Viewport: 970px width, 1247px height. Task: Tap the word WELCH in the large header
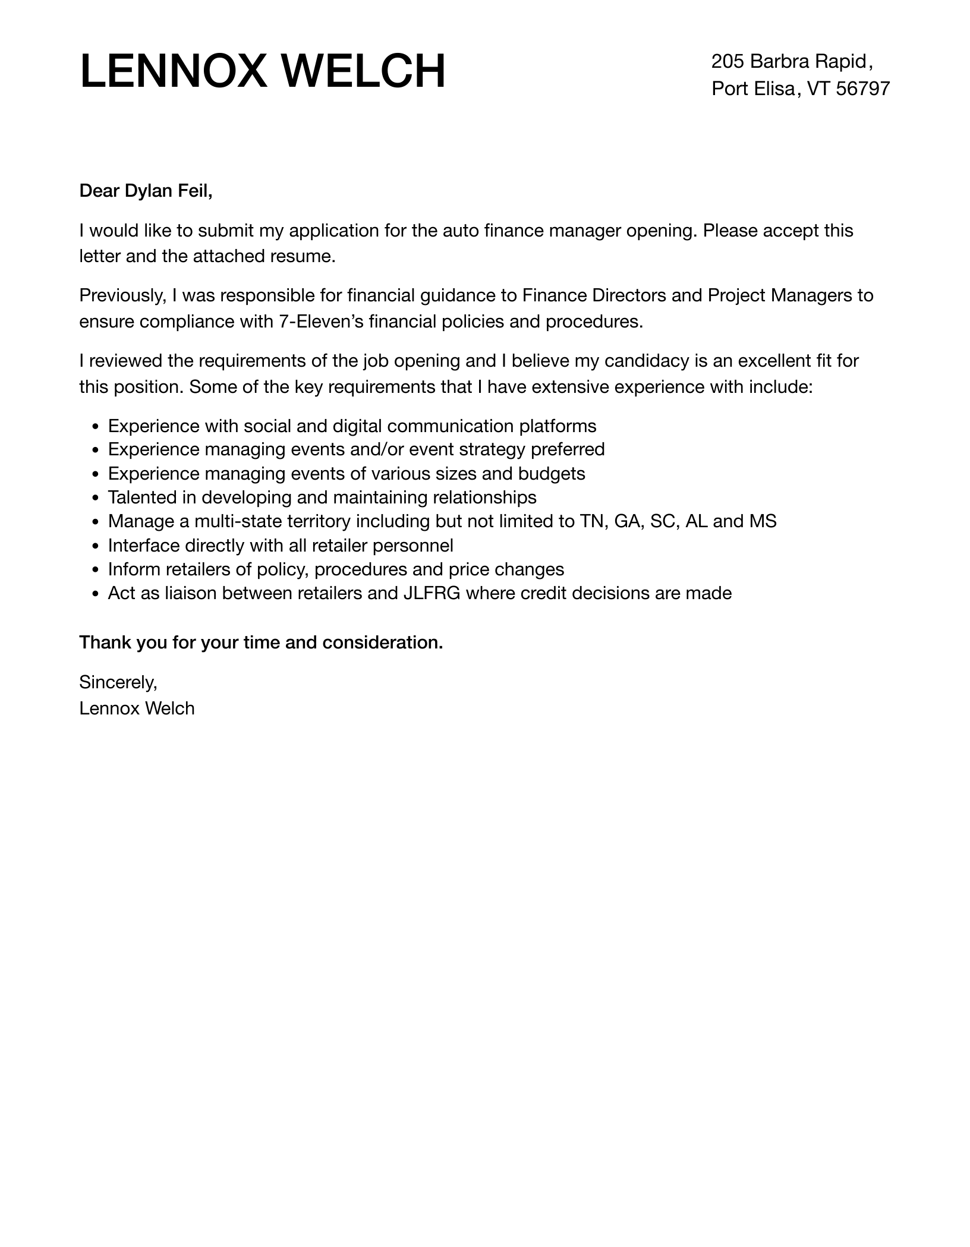[x=363, y=71]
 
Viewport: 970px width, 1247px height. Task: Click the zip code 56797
[x=862, y=89]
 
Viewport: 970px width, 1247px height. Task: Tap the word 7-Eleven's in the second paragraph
[x=321, y=322]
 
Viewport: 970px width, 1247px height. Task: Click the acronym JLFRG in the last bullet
[x=432, y=593]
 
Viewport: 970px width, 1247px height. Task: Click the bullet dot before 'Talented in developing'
[x=95, y=498]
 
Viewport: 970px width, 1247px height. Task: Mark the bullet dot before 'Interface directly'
[x=95, y=546]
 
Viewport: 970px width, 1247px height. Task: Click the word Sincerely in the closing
[x=118, y=682]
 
